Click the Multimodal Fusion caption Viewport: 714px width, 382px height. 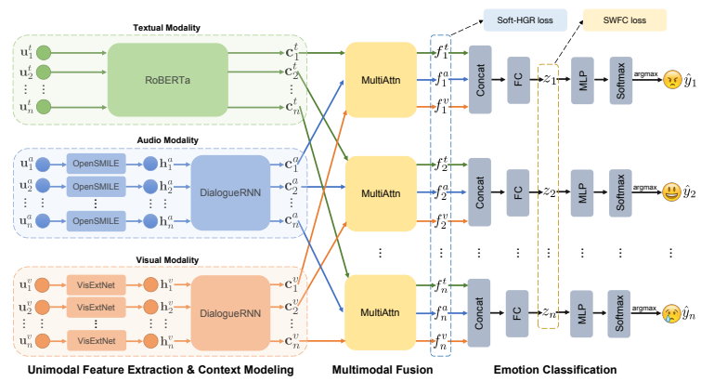tap(382, 369)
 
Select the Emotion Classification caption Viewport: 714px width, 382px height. tap(554, 369)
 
